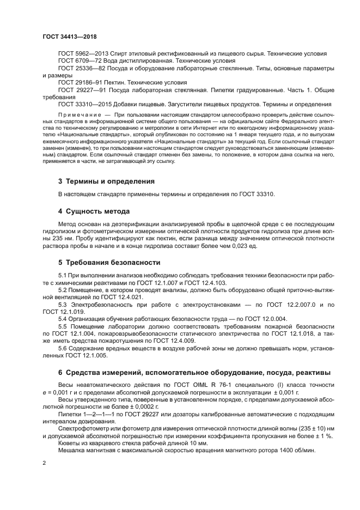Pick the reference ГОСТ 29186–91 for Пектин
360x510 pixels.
(77, 82)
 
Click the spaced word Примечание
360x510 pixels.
(81, 116)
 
